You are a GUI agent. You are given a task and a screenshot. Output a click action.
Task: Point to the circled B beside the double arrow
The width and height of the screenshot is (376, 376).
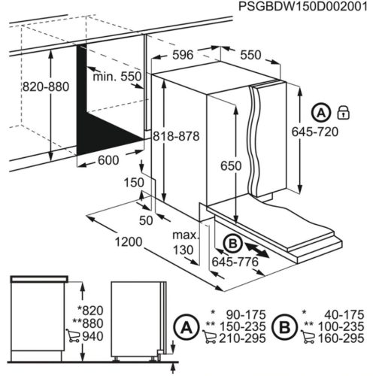click(232, 243)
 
